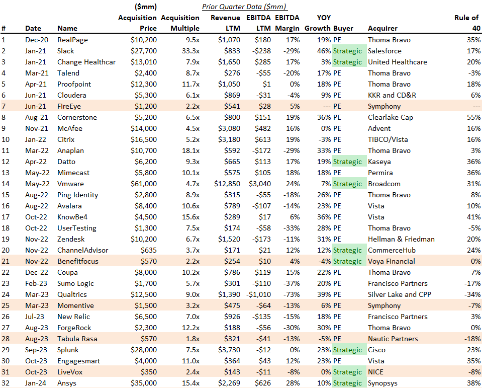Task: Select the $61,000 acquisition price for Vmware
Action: point(143,184)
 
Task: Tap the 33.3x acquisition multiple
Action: point(188,51)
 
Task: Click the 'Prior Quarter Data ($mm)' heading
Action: point(244,7)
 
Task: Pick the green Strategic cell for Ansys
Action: point(347,383)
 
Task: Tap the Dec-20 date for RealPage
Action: point(35,40)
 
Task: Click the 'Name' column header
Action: point(67,29)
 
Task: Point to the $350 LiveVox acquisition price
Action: point(148,372)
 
